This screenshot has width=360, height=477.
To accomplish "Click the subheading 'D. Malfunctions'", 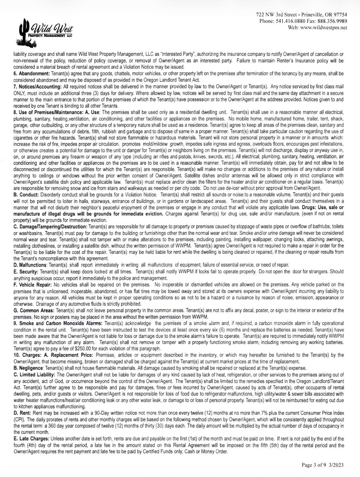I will point(30,265).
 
